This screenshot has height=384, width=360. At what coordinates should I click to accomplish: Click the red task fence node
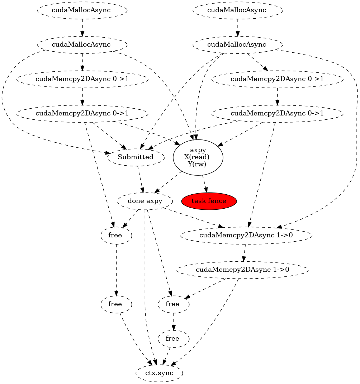click(209, 201)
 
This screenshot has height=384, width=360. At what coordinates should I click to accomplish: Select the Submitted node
click(136, 157)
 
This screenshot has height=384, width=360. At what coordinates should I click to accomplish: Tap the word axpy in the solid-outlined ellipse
click(198, 150)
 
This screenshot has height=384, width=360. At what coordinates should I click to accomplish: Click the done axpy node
click(145, 201)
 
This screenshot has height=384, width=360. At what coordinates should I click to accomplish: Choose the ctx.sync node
click(159, 373)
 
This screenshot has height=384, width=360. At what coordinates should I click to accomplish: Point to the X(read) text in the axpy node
click(198, 157)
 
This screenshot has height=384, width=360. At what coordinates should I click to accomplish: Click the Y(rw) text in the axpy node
click(198, 164)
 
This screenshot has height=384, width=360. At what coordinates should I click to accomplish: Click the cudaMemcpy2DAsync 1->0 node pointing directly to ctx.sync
click(242, 270)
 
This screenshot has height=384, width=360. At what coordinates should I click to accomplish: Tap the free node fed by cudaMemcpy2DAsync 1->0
click(173, 304)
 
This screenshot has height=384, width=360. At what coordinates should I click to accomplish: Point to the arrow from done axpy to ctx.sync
click(145, 287)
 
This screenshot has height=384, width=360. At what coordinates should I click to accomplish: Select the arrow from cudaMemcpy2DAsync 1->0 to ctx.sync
click(212, 323)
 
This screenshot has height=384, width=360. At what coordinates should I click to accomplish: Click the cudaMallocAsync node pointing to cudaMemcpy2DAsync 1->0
click(237, 44)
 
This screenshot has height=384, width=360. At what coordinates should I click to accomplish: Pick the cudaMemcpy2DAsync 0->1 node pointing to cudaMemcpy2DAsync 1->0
click(277, 113)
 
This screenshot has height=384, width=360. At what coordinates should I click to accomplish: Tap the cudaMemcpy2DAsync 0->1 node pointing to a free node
click(82, 113)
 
